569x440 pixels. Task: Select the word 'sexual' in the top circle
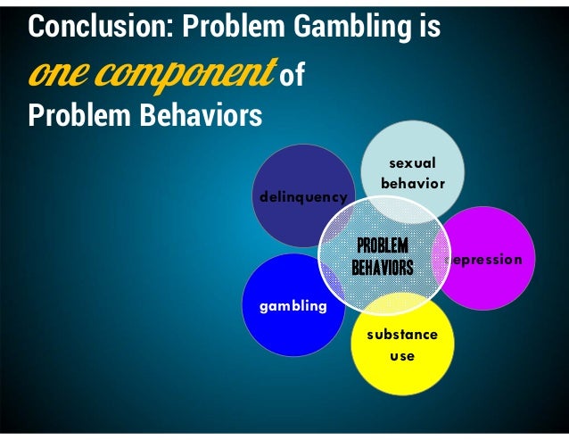point(412,163)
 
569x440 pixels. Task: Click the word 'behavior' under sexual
point(412,184)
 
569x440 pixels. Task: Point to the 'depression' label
point(485,259)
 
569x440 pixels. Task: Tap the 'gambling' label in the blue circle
point(293,306)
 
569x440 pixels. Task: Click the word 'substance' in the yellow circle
point(401,335)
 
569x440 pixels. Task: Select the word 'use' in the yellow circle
point(402,355)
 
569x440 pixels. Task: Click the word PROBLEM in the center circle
point(382,245)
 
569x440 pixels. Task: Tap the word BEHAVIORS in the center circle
point(382,267)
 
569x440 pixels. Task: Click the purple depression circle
point(495,232)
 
